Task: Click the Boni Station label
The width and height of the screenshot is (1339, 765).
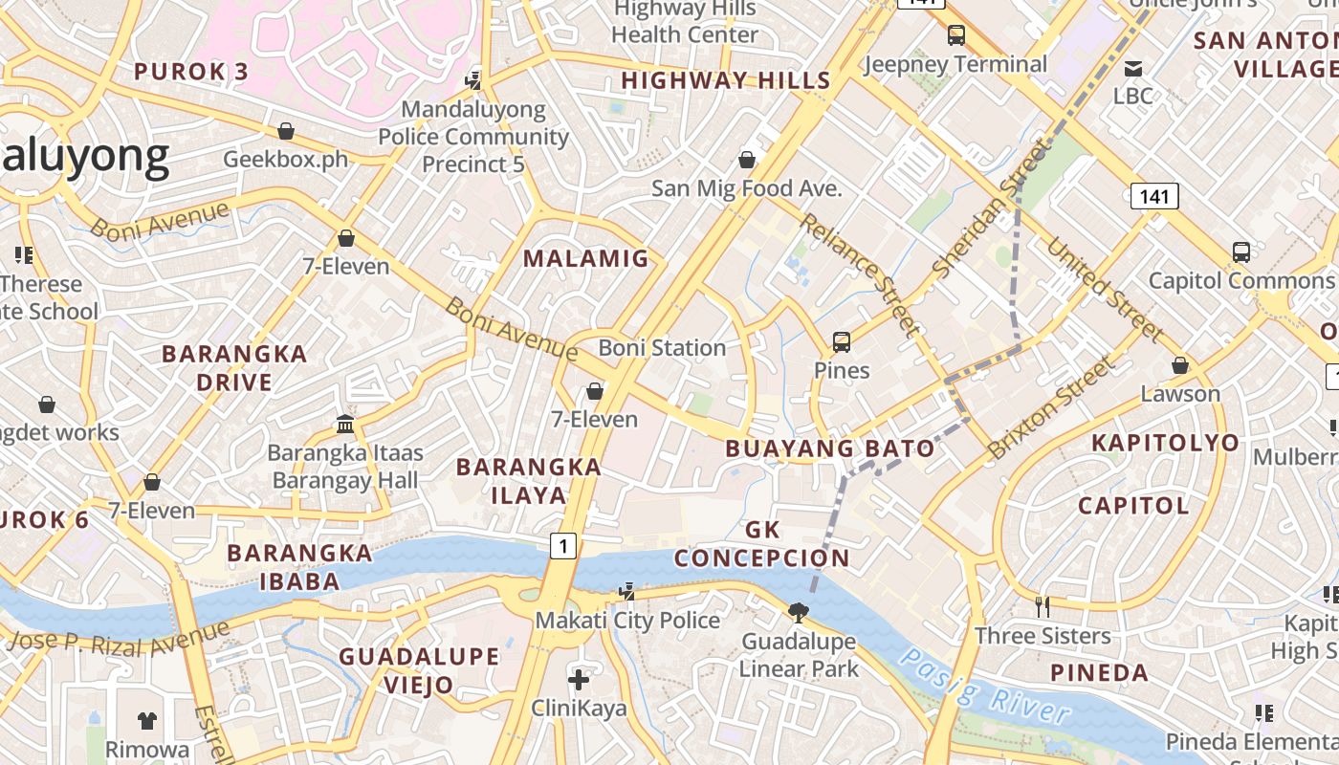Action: [662, 348]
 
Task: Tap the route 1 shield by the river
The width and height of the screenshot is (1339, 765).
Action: [564, 546]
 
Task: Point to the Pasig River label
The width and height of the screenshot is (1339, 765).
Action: [985, 686]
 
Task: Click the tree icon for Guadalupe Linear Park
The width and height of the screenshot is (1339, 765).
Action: [798, 612]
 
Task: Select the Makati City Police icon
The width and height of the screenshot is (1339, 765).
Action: [626, 592]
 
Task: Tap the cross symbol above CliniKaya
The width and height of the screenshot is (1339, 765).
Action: [579, 680]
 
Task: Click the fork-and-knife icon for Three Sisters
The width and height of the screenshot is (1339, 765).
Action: [1043, 606]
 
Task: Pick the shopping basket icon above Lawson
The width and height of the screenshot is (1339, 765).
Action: [1180, 365]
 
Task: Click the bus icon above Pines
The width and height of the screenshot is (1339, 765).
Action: [842, 341]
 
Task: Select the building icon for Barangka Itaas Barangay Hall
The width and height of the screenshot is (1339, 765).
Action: [344, 424]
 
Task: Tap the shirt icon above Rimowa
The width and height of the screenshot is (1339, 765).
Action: [146, 720]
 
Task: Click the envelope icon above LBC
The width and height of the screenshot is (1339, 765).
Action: [1133, 68]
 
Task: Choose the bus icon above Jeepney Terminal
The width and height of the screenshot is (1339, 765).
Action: [955, 35]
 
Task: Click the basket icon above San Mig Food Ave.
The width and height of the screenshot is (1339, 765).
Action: [747, 160]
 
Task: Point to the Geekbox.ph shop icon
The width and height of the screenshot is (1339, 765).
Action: [285, 131]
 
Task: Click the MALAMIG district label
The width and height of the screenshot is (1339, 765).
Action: [585, 258]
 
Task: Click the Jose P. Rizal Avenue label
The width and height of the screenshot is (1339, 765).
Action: [120, 639]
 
